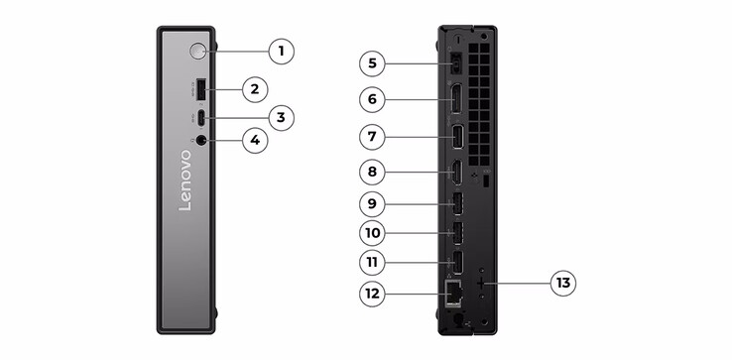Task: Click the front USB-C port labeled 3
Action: pos(201,118)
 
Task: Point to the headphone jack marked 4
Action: pos(202,141)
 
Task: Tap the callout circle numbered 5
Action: pos(372,64)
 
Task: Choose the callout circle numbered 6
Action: pos(372,99)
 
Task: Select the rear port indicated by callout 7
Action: pos(457,136)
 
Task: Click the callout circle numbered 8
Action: pos(372,172)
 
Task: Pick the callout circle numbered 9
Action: pos(372,205)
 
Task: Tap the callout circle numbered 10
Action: pos(372,234)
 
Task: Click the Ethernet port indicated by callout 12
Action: pos(455,293)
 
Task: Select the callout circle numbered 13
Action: pos(564,284)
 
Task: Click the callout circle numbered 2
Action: pos(255,89)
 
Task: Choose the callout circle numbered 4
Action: pos(255,141)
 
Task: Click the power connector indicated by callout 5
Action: pos(455,64)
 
